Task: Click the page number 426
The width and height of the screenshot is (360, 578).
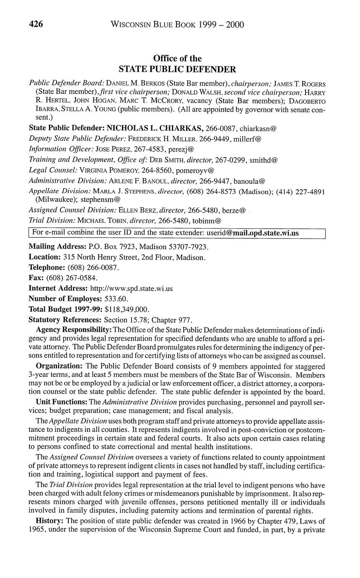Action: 36,25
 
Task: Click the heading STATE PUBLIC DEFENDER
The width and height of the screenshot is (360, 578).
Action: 177,69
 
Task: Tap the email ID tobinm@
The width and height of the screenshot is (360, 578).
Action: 207,220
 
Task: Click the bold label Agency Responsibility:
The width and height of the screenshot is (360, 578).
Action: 74,331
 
